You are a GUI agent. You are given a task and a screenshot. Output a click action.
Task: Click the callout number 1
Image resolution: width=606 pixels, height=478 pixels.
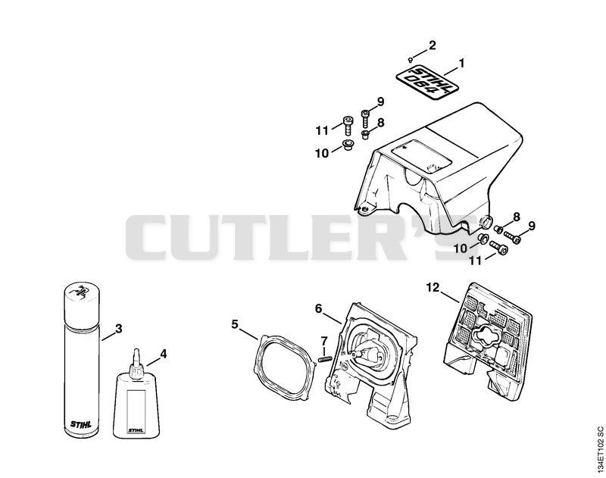click(x=461, y=63)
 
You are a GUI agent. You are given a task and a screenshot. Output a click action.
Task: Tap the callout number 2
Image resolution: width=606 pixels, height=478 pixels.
click(x=432, y=45)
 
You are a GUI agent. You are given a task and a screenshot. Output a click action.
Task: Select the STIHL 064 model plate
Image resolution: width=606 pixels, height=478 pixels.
click(x=426, y=84)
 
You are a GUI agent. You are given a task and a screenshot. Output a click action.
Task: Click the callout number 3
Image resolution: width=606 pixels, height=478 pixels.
click(x=119, y=329)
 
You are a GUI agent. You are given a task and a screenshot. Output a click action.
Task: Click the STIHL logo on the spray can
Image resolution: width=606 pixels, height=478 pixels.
click(x=81, y=424)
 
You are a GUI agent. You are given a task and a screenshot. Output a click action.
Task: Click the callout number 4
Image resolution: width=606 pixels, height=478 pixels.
click(x=164, y=354)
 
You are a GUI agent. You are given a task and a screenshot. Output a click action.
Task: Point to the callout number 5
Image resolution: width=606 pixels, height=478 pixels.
click(x=235, y=323)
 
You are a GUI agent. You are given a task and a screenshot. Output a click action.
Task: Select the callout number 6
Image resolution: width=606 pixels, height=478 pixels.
click(x=318, y=308)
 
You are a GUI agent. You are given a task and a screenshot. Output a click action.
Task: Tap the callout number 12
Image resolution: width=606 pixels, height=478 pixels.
click(x=433, y=288)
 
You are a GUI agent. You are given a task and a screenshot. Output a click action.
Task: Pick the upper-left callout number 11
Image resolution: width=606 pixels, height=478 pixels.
click(x=322, y=130)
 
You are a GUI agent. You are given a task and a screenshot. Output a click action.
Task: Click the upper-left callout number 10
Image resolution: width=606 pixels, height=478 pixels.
click(x=322, y=154)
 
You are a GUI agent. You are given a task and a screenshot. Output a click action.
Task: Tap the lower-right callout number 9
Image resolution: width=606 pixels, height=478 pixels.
click(x=532, y=226)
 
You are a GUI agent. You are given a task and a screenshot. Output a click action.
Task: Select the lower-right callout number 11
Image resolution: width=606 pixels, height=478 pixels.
click(x=476, y=261)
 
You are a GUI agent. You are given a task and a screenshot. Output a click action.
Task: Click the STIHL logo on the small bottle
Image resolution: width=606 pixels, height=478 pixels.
click(x=136, y=430)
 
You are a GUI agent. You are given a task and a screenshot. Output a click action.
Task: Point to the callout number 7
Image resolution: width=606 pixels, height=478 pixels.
click(x=324, y=341)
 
